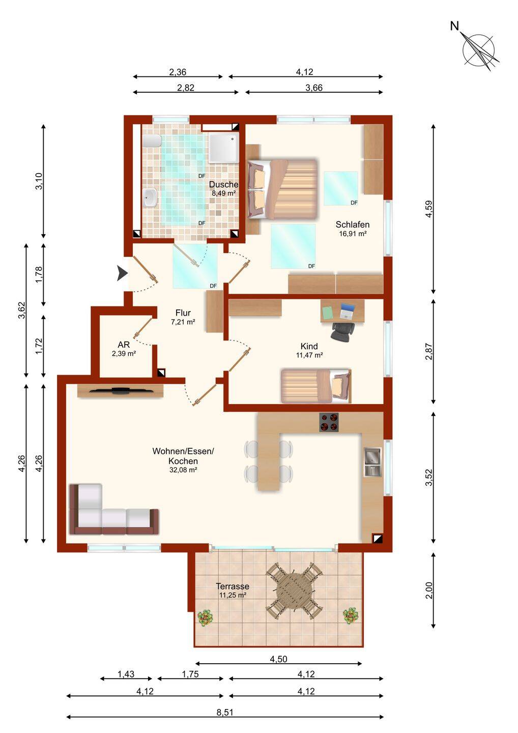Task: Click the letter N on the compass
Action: tap(454, 26)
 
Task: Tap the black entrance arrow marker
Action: tap(122, 273)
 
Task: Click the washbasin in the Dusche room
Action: tap(150, 198)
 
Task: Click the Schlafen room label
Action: tap(353, 224)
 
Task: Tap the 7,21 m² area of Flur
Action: tap(183, 322)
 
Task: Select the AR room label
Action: tap(124, 345)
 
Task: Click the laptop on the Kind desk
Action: tap(347, 311)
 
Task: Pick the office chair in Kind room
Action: tap(342, 331)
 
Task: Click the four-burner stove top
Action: tap(329, 422)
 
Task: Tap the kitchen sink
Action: tap(372, 462)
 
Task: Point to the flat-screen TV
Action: tap(121, 391)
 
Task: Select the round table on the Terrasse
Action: tap(294, 590)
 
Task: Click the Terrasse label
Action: tap(233, 586)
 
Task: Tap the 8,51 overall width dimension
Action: tap(225, 712)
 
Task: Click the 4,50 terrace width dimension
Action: tap(279, 659)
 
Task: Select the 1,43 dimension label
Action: tap(126, 674)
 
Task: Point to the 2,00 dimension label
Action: tap(429, 590)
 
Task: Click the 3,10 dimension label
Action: tap(39, 181)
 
